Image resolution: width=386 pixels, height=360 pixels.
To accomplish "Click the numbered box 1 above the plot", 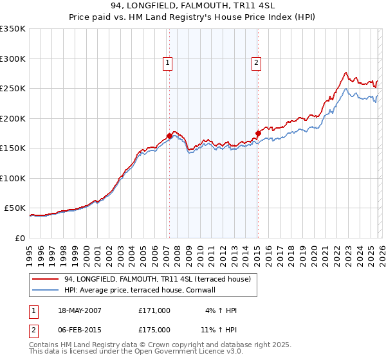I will point(167,62).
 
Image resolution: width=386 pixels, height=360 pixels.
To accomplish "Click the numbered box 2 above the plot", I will point(256,62).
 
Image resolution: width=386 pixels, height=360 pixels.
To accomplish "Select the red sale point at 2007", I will point(169,136).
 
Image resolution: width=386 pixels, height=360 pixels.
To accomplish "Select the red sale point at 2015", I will point(257,134).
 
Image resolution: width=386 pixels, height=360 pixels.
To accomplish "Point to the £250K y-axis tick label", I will point(12,89).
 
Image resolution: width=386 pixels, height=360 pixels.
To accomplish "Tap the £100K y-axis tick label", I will point(12,178).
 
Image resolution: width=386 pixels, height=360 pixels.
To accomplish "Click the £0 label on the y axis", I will point(19,238).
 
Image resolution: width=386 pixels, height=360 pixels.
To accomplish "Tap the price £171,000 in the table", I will point(154,310).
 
